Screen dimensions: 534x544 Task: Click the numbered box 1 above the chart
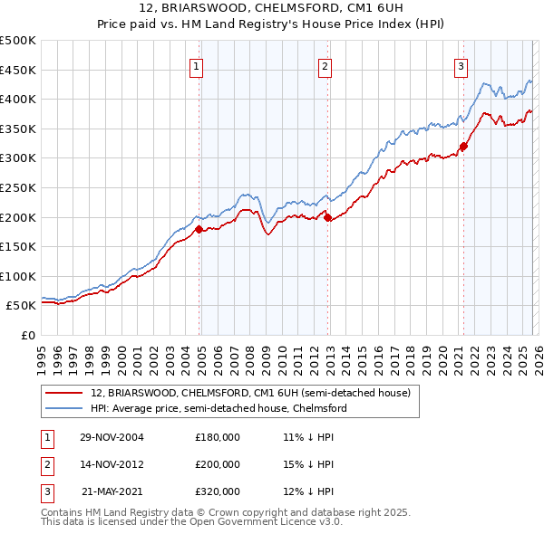point(197,65)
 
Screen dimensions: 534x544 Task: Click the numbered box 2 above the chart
point(325,65)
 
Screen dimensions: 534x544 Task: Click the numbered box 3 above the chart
point(461,65)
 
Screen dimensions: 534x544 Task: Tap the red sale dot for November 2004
point(199,229)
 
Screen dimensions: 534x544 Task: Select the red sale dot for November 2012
point(327,217)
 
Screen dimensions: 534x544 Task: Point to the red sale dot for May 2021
point(463,146)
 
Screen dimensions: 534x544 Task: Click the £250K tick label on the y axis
point(18,187)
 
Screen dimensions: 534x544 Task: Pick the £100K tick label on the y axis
point(18,276)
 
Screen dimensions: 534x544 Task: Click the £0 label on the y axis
point(27,335)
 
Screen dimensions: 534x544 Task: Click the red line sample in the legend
point(64,393)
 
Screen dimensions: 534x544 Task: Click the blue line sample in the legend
point(64,408)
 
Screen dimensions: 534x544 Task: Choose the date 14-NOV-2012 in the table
point(111,464)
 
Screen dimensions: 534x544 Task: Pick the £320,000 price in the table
point(218,491)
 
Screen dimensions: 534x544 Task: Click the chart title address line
point(271,8)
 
